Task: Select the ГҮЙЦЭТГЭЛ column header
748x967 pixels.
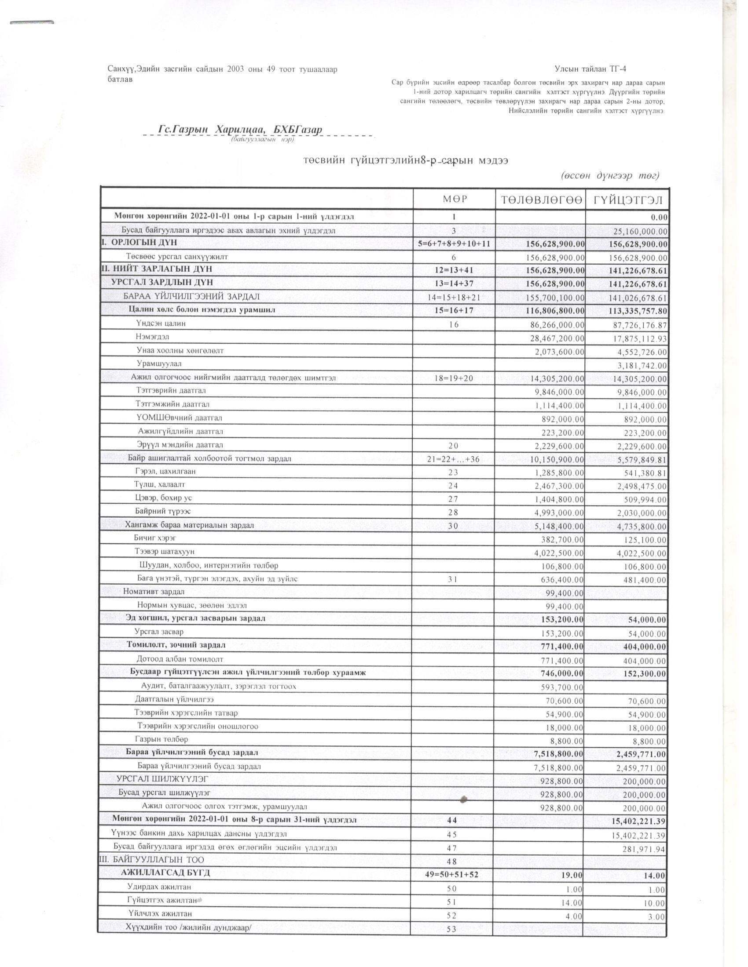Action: pyautogui.click(x=627, y=200)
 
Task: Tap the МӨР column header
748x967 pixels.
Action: pyautogui.click(x=454, y=200)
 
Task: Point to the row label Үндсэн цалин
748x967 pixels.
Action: pyautogui.click(x=161, y=323)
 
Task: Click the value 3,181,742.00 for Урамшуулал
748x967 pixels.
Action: pyautogui.click(x=638, y=366)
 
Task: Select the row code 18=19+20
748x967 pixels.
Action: pyautogui.click(x=454, y=378)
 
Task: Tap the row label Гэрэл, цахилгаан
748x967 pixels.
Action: pyautogui.click(x=166, y=471)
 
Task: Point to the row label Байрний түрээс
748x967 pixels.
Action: pyautogui.click(x=163, y=511)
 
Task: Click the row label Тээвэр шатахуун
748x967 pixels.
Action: pyautogui.click(x=165, y=551)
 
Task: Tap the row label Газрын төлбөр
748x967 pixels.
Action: pyautogui.click(x=161, y=739)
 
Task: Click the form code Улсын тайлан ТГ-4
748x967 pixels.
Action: pyautogui.click(x=590, y=69)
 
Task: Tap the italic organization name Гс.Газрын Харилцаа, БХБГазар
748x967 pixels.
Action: pyautogui.click(x=240, y=129)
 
